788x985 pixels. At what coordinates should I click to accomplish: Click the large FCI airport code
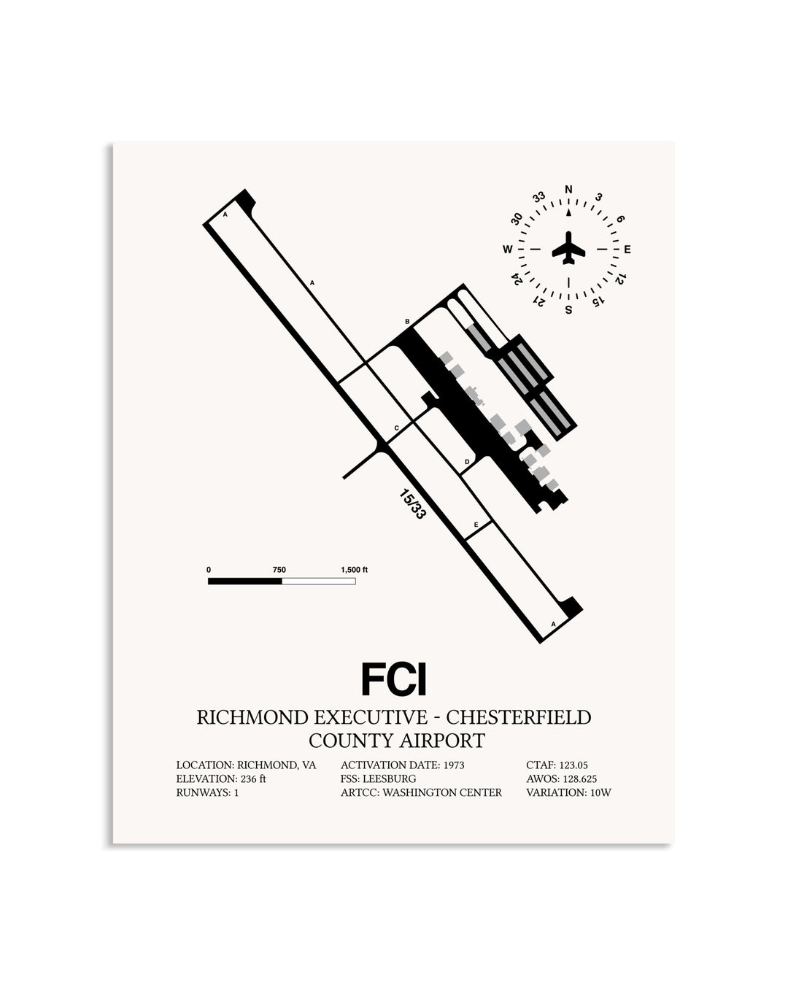click(x=394, y=679)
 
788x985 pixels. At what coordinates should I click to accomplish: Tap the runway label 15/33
click(x=412, y=504)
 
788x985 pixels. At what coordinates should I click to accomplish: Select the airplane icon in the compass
click(x=568, y=247)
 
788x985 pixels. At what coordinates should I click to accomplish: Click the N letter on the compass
click(x=568, y=189)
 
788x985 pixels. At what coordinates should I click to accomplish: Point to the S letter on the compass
click(x=568, y=309)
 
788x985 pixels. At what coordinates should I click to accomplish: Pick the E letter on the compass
click(x=627, y=250)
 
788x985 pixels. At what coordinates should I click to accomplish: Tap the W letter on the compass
click(x=507, y=250)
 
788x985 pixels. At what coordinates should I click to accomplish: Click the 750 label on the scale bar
click(x=279, y=570)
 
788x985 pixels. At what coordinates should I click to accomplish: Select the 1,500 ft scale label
click(x=354, y=570)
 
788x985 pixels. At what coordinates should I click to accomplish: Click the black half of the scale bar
click(x=245, y=582)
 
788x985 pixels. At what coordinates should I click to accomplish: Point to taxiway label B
click(x=407, y=322)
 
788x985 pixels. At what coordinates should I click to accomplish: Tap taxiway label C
click(x=396, y=428)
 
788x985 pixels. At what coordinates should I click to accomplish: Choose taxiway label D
click(x=467, y=462)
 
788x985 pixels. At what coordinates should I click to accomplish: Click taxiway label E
click(x=476, y=525)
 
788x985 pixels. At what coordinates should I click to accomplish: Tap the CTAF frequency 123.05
click(x=573, y=765)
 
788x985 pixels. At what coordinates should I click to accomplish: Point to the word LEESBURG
click(x=389, y=779)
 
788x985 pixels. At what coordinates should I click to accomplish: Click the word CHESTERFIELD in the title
click(x=518, y=717)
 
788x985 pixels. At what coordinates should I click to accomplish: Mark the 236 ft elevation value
click(x=253, y=779)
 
